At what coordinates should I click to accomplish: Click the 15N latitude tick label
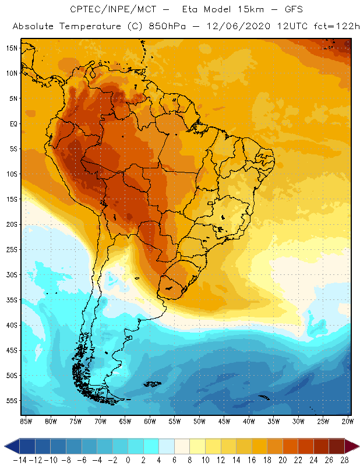point(12,48)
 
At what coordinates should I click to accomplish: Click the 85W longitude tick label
point(26,421)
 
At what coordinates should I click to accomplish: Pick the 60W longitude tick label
point(150,421)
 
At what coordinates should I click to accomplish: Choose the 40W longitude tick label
point(249,421)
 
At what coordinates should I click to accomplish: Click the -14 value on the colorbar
point(19,460)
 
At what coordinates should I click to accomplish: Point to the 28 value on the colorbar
point(344,460)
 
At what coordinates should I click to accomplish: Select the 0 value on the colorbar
point(128,460)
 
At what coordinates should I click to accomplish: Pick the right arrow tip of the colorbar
point(357,447)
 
